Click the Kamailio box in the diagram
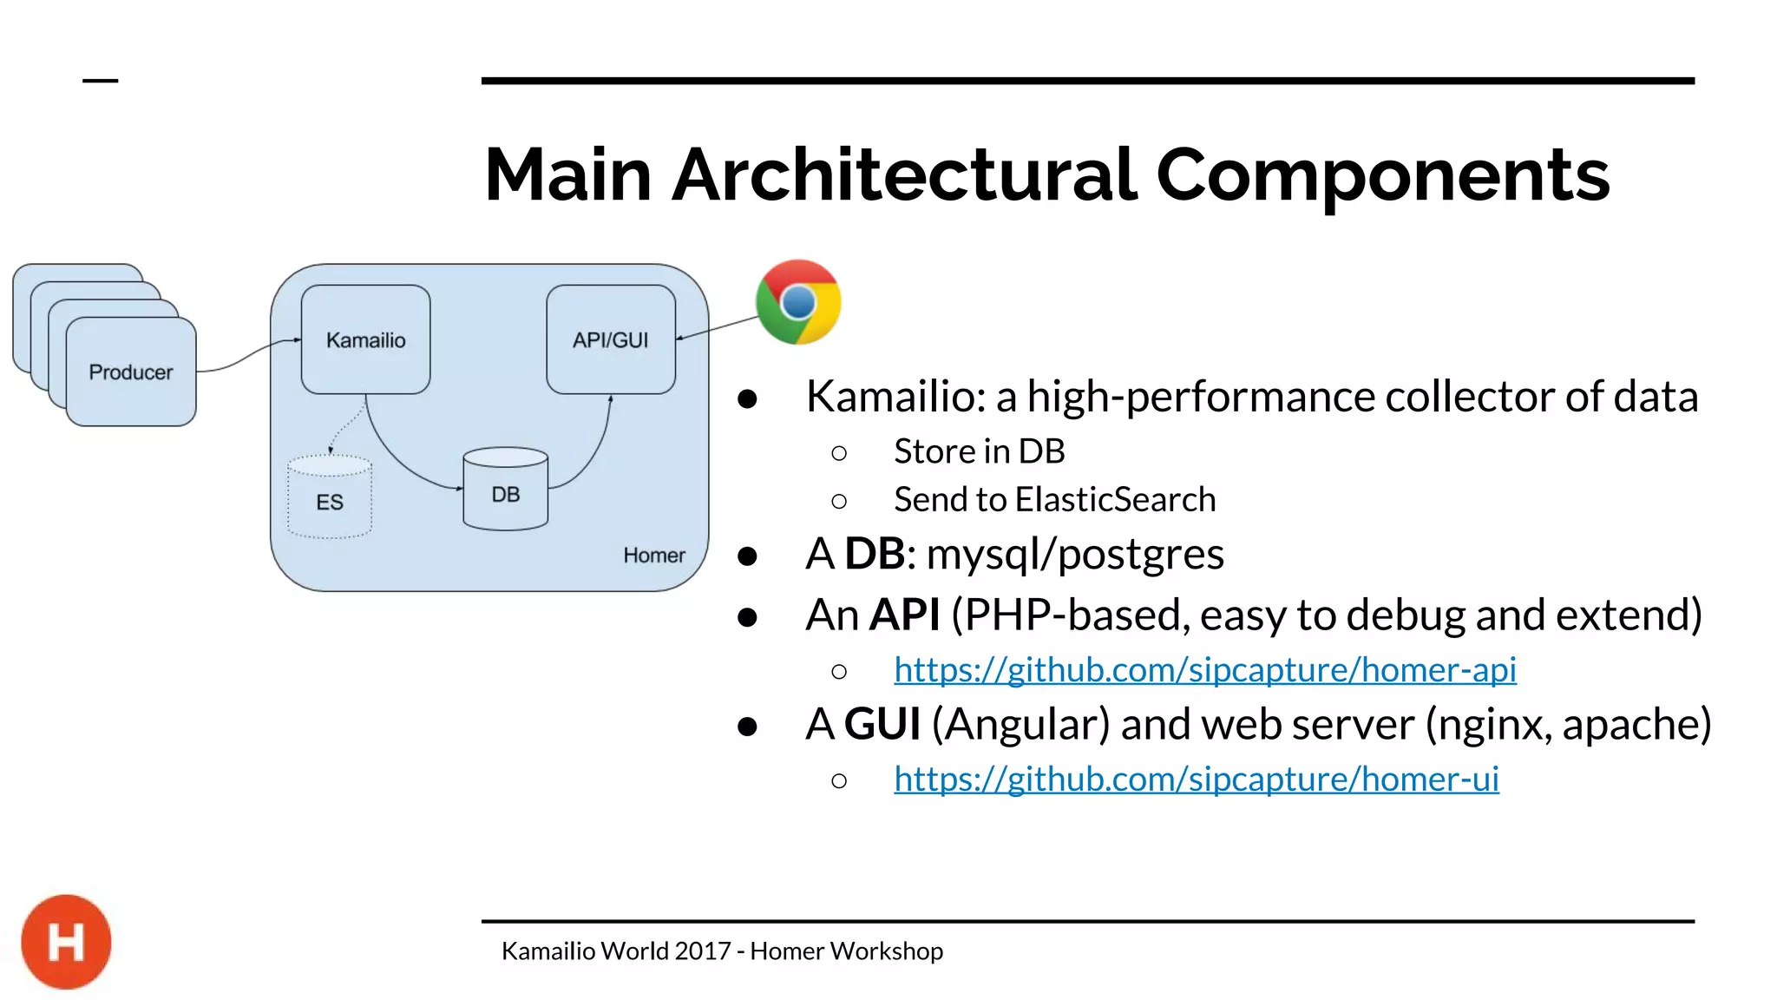click(x=365, y=339)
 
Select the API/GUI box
click(x=610, y=339)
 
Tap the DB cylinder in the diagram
click(x=505, y=490)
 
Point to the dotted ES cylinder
click(x=330, y=498)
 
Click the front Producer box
click(x=131, y=372)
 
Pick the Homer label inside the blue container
click(x=653, y=556)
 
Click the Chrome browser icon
click(x=798, y=302)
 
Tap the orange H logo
click(x=66, y=942)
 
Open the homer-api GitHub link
click(x=1204, y=669)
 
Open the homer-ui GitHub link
click(x=1196, y=779)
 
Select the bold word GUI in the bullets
click(x=882, y=724)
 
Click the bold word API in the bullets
click(x=904, y=615)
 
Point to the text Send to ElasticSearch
click(x=1054, y=500)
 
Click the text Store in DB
click(x=979, y=451)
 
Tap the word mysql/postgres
click(x=1074, y=554)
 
